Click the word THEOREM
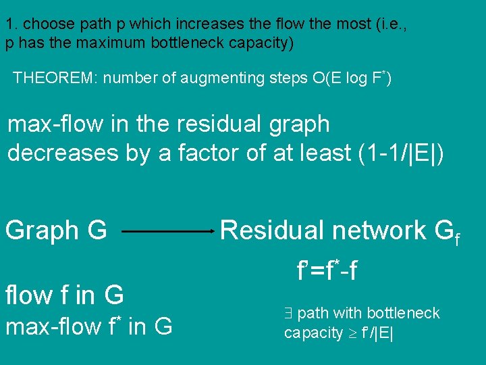click(x=53, y=78)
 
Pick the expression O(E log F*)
click(x=352, y=78)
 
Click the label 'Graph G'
click(x=56, y=231)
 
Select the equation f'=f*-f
click(x=327, y=271)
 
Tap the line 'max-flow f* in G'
click(x=88, y=327)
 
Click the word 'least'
click(x=318, y=153)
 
